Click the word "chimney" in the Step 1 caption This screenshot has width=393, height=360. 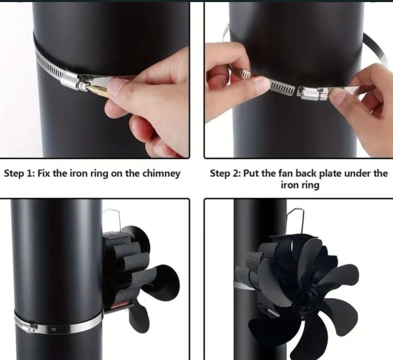(x=161, y=174)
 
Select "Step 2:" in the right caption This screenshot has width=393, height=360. (x=225, y=173)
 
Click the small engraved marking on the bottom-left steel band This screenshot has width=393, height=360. (x=54, y=329)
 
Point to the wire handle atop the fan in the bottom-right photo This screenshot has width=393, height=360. (x=296, y=221)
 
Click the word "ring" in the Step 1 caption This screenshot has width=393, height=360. (x=96, y=174)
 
